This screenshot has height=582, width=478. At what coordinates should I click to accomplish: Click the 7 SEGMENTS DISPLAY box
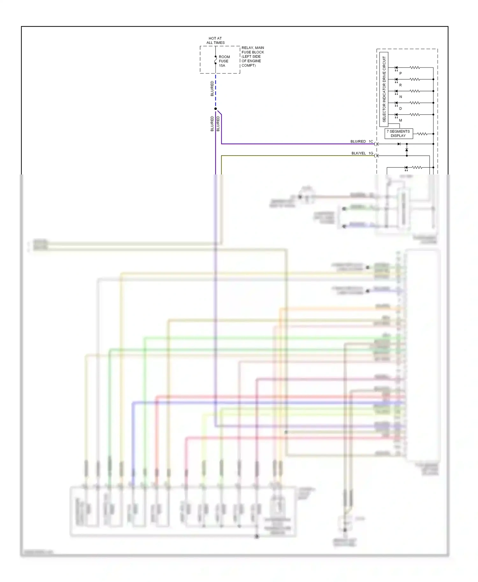pos(398,133)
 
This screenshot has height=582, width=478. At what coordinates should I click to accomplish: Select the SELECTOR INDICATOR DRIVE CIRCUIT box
pos(384,89)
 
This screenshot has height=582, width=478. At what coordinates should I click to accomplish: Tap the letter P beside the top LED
pos(401,74)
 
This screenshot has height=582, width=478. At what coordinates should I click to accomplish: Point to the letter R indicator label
pos(401,85)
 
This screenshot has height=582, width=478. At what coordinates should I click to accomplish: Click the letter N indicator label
pos(401,97)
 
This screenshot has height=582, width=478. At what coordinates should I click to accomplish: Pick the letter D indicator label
pos(401,109)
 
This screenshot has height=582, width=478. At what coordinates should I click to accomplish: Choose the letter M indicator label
pos(401,120)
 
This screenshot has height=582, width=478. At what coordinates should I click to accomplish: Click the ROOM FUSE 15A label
pos(224,61)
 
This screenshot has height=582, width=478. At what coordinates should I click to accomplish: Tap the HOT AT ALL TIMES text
pos(215,40)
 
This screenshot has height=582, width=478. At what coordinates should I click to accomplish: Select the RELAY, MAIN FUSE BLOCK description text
pos(252,57)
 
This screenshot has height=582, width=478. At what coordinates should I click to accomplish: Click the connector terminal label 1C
pos(371,141)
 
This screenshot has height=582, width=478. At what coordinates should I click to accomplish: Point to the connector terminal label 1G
pos(371,153)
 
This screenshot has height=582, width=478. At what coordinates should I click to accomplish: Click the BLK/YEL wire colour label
pos(358,153)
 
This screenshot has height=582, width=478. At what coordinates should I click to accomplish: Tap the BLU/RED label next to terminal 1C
pos(358,141)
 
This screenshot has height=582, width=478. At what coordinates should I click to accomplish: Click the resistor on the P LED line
pos(415,67)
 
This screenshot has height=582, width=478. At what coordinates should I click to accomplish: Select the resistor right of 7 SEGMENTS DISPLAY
pos(422,134)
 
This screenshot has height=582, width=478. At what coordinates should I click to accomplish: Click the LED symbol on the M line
pos(396,115)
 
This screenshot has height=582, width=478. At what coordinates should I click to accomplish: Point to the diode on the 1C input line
pos(399,144)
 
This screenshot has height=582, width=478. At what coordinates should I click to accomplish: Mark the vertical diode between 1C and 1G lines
pos(407,150)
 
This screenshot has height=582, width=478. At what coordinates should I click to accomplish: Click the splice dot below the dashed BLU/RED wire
pos(215,109)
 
